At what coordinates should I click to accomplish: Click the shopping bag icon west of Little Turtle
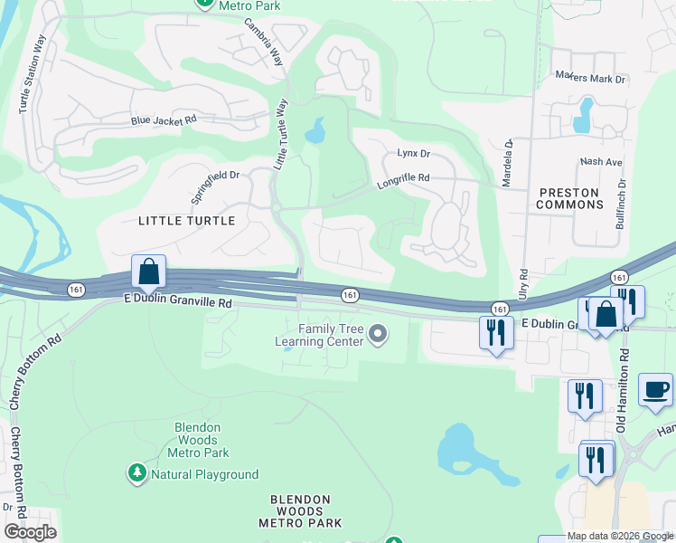pos(148,271)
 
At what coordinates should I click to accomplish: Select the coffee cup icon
pos(655,389)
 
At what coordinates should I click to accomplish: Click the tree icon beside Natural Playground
pos(137,473)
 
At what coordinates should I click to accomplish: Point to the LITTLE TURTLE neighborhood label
pos(187,221)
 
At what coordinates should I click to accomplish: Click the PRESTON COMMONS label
pos(569,198)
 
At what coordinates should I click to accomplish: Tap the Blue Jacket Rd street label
pos(164,119)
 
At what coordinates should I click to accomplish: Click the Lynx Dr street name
pos(413,154)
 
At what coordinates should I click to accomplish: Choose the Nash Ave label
pos(601,162)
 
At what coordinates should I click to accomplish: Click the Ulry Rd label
pos(523,285)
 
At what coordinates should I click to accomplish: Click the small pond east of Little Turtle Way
pos(315,133)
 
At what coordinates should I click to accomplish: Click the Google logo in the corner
pos(30,531)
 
